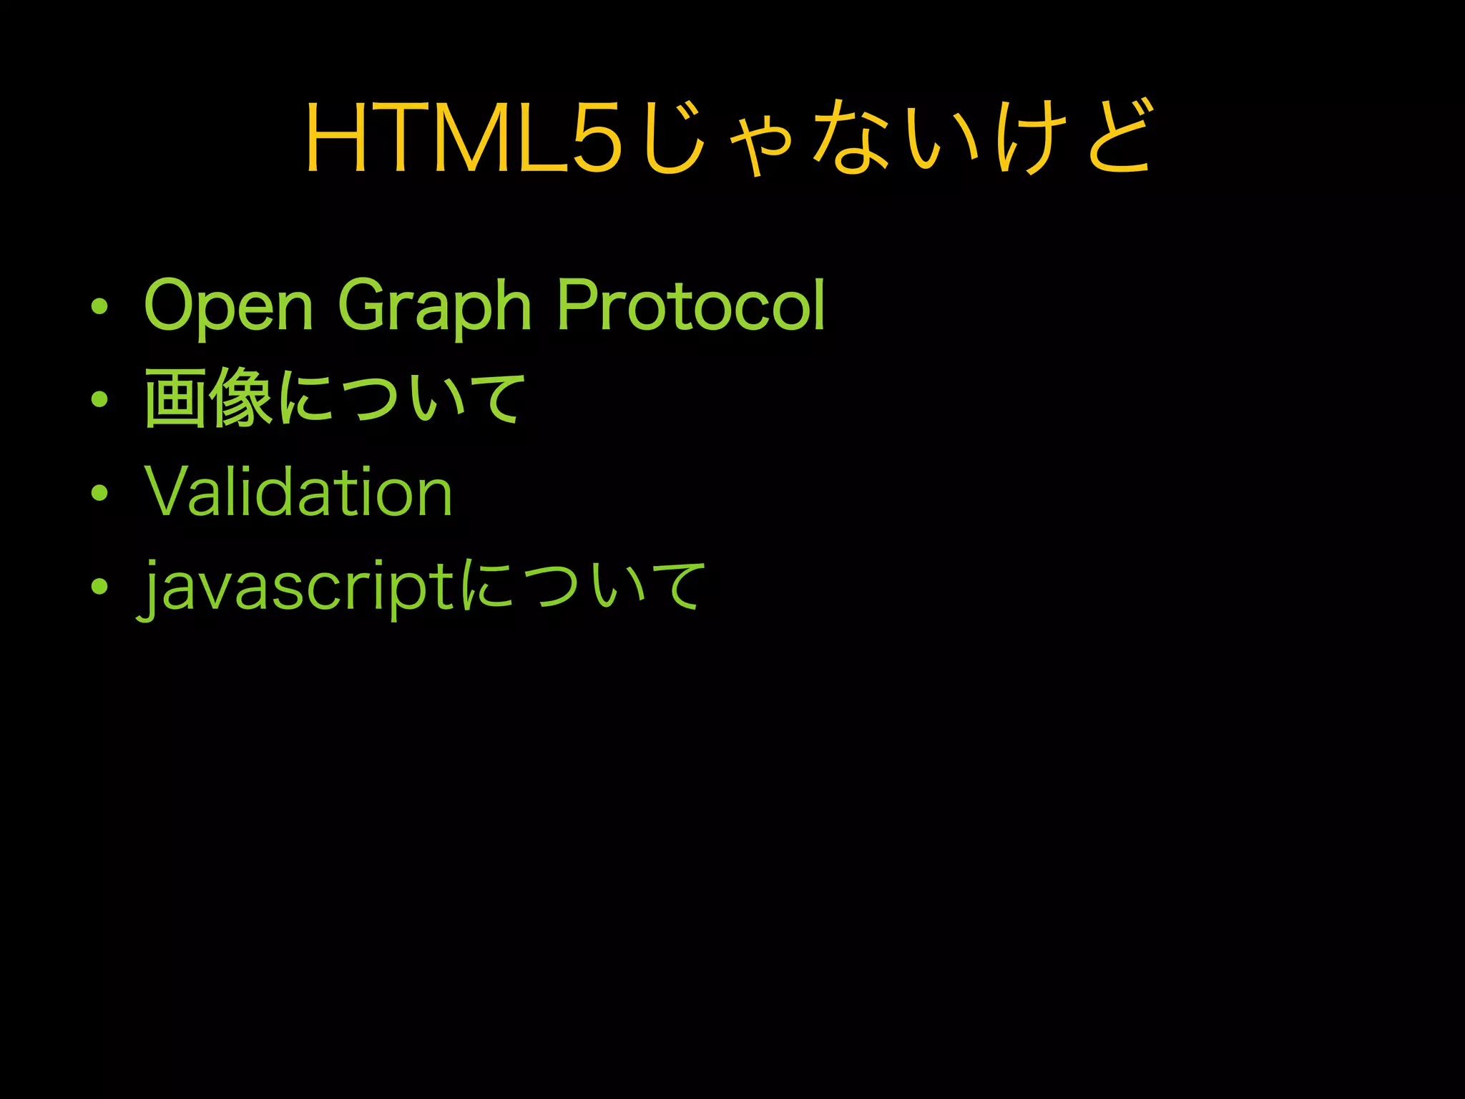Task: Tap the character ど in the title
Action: click(1118, 137)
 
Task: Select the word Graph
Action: click(434, 306)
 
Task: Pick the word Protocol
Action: click(691, 305)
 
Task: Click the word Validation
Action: click(299, 492)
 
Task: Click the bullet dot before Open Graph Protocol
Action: click(99, 307)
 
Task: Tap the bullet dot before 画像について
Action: click(99, 399)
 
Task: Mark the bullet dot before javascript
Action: click(99, 586)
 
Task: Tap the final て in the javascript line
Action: click(675, 585)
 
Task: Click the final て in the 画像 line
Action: click(495, 398)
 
